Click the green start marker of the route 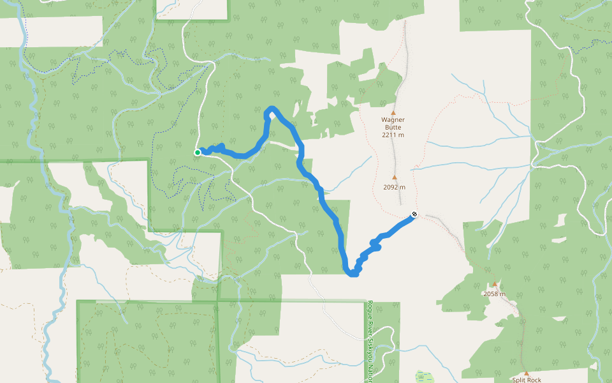(x=198, y=153)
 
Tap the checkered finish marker (x=414, y=214)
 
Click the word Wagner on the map (x=393, y=119)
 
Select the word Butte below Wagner (x=393, y=127)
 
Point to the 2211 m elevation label (x=393, y=135)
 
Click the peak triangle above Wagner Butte (x=393, y=111)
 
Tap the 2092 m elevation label (x=394, y=188)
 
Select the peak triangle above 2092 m (x=394, y=178)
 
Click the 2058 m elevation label (x=494, y=294)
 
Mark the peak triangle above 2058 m (x=494, y=285)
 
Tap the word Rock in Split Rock (x=534, y=380)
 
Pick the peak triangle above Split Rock (x=526, y=373)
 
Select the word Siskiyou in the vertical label (x=370, y=350)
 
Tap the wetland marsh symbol (x=421, y=376)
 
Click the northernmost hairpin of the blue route (x=272, y=110)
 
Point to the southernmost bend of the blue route (x=353, y=274)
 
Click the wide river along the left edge (x=23, y=38)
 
